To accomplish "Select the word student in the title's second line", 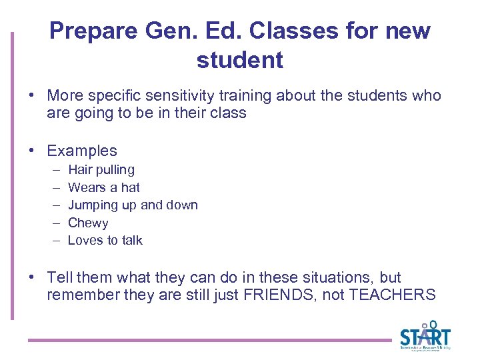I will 239,60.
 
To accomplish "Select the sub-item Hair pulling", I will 101,170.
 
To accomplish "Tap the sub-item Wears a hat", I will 104,187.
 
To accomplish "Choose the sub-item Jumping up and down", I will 133,205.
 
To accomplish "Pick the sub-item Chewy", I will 88,223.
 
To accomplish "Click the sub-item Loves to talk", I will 105,240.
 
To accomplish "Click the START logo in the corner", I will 425,336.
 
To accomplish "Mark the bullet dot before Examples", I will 32,151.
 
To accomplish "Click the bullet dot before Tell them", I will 32,277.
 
